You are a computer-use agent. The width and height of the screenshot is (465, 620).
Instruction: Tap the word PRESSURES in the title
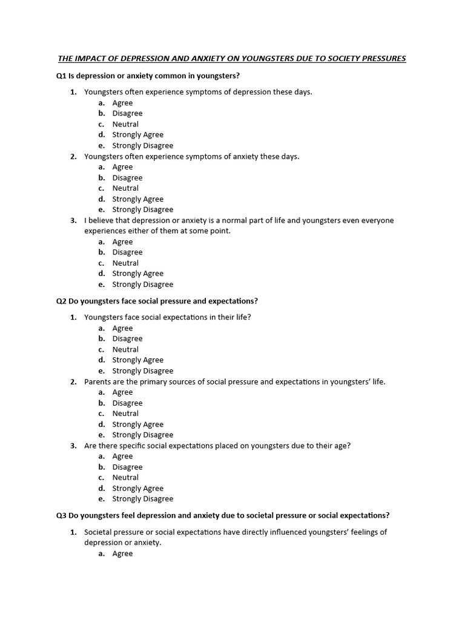click(381, 59)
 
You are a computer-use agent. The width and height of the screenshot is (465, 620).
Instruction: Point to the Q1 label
click(61, 76)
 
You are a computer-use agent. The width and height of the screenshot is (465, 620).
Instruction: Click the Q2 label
click(61, 301)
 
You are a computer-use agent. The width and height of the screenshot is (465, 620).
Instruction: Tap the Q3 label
click(61, 516)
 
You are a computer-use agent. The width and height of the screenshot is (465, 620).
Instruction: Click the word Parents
click(97, 382)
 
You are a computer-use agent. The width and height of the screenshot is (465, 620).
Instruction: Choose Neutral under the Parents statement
click(125, 414)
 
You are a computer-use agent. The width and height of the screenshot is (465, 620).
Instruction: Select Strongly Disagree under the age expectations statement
click(142, 499)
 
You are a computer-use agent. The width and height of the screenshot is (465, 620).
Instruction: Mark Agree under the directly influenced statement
click(122, 553)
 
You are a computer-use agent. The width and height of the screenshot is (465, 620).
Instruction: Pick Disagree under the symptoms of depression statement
click(127, 113)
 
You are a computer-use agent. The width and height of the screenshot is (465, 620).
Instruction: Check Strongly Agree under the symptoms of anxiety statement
click(137, 199)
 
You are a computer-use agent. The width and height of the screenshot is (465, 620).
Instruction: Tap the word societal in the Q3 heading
click(269, 516)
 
